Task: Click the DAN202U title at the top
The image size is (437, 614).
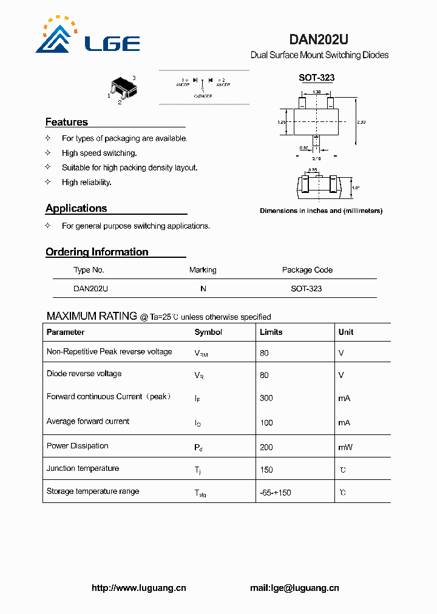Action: [x=318, y=40]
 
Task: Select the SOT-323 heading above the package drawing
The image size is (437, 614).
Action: [x=316, y=78]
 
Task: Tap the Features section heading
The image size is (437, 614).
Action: [x=67, y=122]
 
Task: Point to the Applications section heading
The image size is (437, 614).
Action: [x=76, y=208]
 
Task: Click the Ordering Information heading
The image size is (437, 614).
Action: [x=97, y=252]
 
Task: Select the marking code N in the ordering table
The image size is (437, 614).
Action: [x=203, y=289]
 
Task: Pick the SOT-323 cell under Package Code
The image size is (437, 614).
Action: [x=307, y=289]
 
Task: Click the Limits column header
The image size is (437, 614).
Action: [x=271, y=332]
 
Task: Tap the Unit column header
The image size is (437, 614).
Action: [x=346, y=332]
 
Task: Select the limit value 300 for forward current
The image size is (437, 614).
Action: [x=266, y=398]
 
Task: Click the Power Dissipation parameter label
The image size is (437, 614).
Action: [x=78, y=446]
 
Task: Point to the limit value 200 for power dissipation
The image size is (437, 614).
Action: [x=266, y=447]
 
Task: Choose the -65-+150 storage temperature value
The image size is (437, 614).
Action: [x=276, y=493]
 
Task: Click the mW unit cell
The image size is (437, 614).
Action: [x=345, y=447]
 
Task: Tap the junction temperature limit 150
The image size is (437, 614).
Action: [x=266, y=470]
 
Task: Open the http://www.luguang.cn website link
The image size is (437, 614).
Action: [x=139, y=588]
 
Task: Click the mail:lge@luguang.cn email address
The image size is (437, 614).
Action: [x=294, y=588]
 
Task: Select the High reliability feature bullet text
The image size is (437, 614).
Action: [x=87, y=182]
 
